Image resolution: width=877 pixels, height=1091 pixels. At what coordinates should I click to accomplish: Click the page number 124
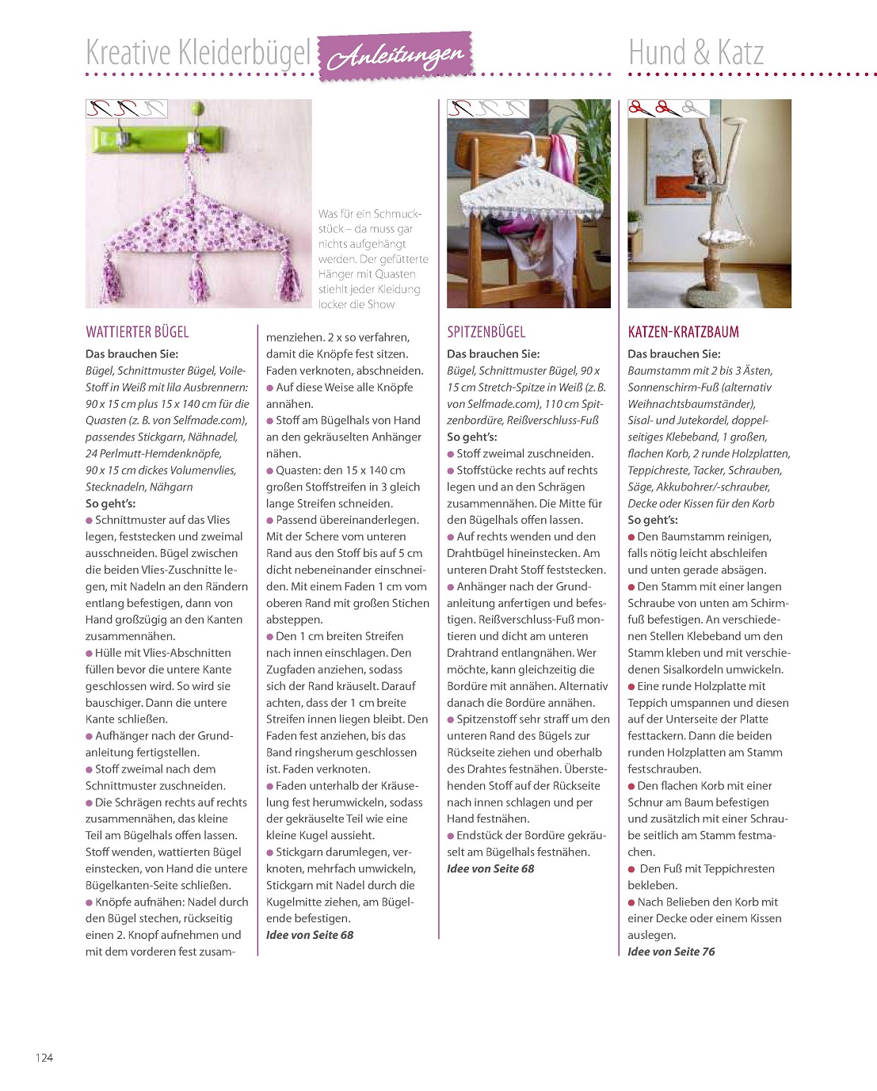pos(44,1057)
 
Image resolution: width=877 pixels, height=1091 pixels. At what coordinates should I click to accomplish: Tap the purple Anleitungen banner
pos(395,55)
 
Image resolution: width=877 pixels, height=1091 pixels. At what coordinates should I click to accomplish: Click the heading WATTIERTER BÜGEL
pos(137,332)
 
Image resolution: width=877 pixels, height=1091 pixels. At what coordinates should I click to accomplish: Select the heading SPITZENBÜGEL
pos(486,332)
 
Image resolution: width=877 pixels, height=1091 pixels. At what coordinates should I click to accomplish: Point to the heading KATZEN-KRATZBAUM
pos(683,332)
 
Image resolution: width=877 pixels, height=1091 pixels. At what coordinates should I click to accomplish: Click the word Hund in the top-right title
pos(658,53)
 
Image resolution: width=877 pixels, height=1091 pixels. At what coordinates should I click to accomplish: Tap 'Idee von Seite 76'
pos(671,952)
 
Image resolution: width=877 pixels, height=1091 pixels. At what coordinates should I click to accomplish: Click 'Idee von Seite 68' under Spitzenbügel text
pos(490,868)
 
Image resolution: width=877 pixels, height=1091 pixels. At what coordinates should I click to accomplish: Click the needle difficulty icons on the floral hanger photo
pos(126,108)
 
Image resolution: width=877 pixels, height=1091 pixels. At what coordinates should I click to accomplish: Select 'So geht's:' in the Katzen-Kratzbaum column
pos(653,520)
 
